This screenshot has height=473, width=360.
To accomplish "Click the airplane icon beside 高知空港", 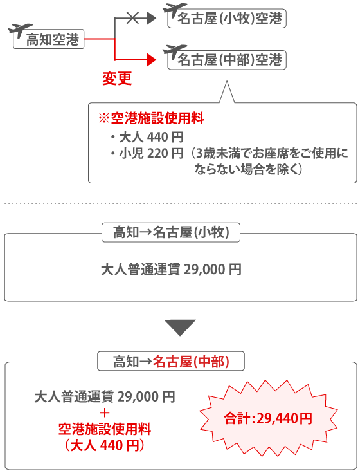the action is point(20,30).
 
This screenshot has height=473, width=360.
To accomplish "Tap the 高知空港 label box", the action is point(48,39).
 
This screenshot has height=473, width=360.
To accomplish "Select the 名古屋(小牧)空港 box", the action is point(227,19).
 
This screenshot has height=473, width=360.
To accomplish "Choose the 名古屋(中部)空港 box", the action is point(227,60).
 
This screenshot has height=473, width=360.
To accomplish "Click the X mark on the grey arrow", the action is point(132,18).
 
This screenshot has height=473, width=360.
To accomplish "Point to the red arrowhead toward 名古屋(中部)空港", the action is point(151,60).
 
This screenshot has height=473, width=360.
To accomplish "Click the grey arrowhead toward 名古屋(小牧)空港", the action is point(151,18).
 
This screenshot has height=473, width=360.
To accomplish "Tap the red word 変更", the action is point(117,79).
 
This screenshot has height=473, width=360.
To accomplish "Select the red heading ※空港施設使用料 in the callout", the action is point(152,118).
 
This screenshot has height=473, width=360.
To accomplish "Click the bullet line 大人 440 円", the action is point(147,137).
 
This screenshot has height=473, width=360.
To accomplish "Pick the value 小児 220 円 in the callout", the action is point(151,154).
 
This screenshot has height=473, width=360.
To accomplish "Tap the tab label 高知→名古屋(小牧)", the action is point(171,232).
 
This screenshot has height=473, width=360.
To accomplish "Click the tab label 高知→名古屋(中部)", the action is point(171,361).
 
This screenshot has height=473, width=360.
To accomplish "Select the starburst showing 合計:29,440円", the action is point(269,418).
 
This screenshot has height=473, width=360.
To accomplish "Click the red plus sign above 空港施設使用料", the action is point(105,413).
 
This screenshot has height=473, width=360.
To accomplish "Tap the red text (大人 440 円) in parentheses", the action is point(105,445).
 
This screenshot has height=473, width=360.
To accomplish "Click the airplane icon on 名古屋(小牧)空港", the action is point(174,11).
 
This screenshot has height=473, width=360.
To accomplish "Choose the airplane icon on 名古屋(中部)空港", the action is point(174,52).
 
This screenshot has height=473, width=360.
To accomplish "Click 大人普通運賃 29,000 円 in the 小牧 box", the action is point(171,270).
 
